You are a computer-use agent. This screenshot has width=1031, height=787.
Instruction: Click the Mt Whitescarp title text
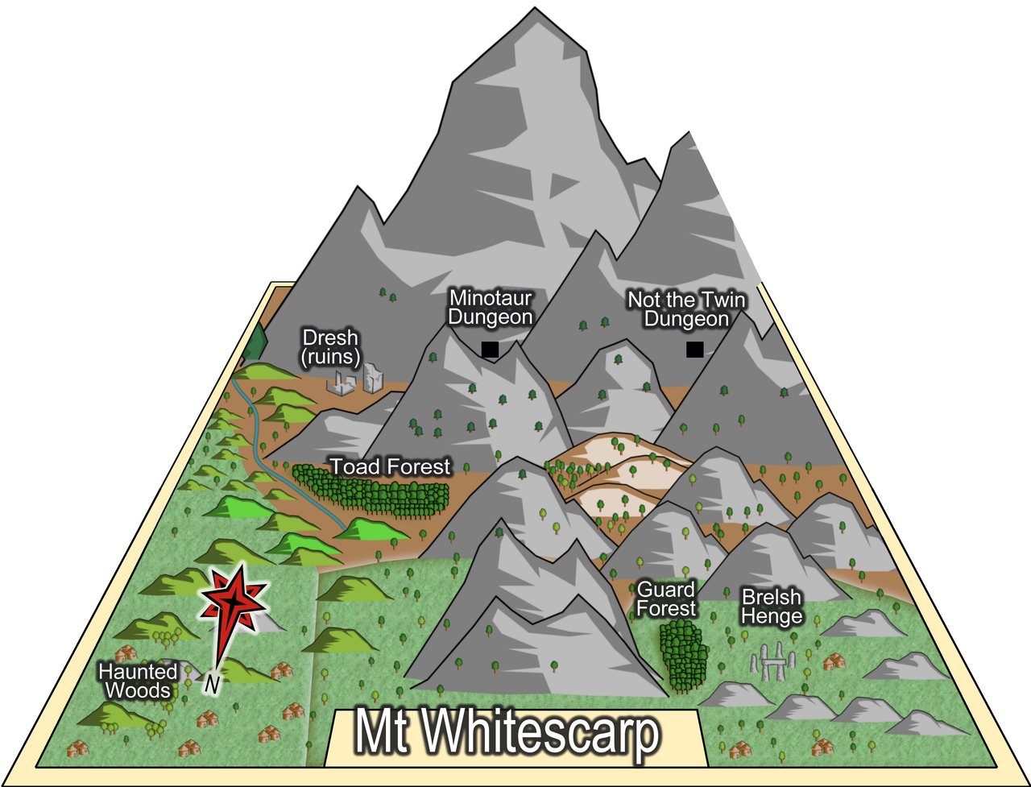tap(507, 734)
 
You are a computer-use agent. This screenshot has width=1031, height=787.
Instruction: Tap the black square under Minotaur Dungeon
tap(489, 349)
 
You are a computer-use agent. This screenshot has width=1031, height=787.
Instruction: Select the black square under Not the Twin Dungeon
tap(694, 349)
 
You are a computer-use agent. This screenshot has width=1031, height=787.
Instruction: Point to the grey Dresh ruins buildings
tap(356, 379)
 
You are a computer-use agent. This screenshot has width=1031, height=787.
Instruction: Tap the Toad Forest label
tap(391, 466)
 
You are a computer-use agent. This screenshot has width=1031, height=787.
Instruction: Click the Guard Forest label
tap(666, 599)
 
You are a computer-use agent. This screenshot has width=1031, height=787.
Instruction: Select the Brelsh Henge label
tap(772, 607)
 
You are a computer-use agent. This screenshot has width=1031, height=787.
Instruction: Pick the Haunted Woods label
tap(138, 681)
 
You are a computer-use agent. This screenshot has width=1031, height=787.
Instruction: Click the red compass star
tap(233, 600)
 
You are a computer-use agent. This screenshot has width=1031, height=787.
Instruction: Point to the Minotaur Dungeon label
tap(490, 308)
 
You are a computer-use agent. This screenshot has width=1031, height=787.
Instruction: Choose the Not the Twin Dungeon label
tap(686, 309)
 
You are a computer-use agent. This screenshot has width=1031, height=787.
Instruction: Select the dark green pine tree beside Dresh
tap(256, 343)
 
